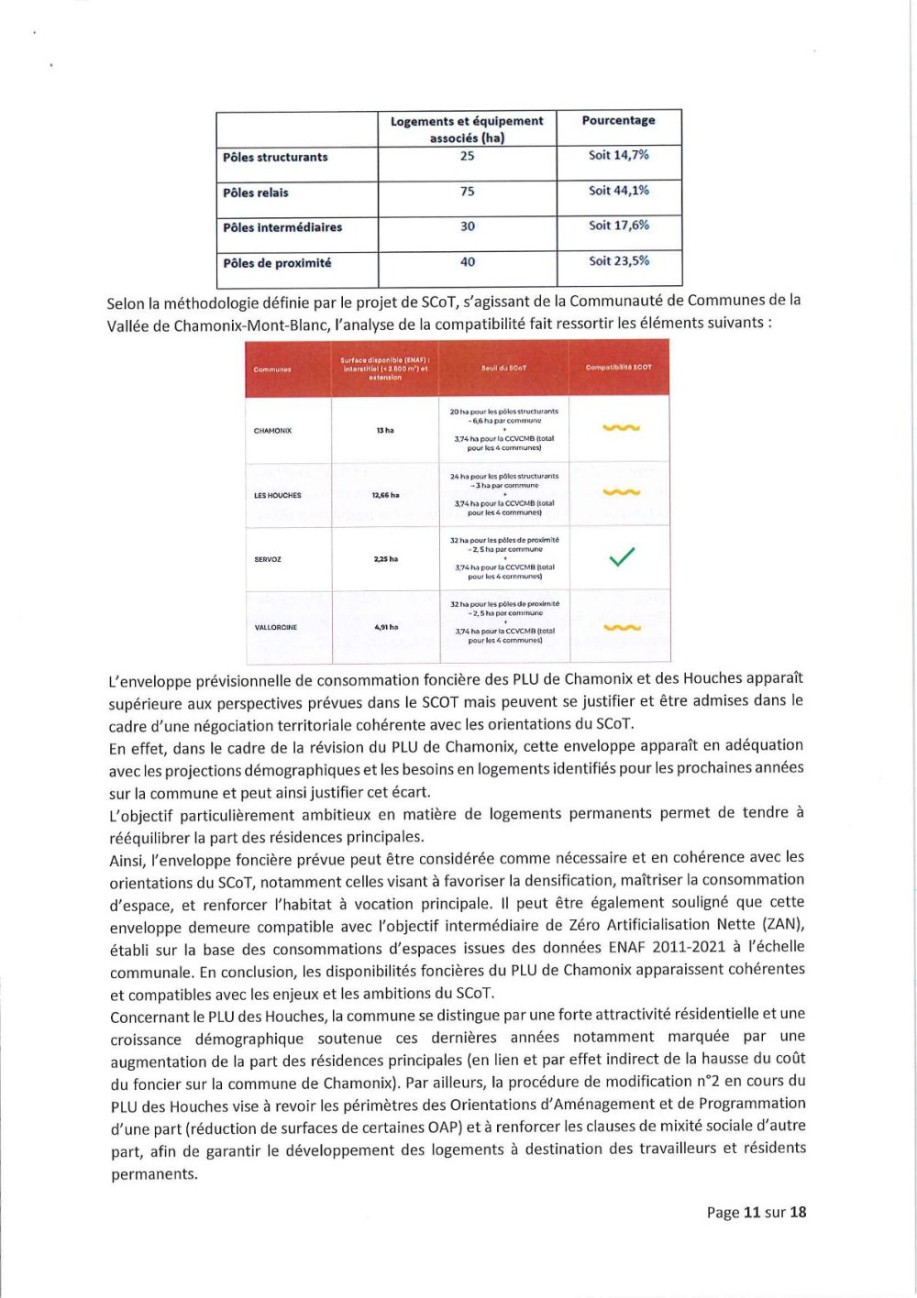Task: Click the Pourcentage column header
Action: (x=618, y=120)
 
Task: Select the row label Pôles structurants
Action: (x=275, y=157)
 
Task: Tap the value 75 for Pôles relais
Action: (x=467, y=192)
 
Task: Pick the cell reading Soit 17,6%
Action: (x=618, y=225)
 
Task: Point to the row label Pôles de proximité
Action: (x=277, y=263)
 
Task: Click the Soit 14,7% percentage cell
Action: (x=618, y=155)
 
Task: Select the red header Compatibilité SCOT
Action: (x=619, y=368)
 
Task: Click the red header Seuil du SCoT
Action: (x=503, y=368)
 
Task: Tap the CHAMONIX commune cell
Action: (x=272, y=430)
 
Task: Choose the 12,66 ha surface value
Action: (x=385, y=495)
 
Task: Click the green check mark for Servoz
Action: (x=622, y=556)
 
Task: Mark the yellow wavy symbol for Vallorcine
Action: (x=622, y=628)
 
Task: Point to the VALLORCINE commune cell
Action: (x=275, y=628)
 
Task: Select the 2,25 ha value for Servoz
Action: (x=385, y=559)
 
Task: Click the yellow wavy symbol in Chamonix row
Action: (x=622, y=428)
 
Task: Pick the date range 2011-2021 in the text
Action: (x=691, y=947)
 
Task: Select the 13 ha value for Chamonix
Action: (x=385, y=430)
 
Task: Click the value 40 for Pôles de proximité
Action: (x=467, y=262)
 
